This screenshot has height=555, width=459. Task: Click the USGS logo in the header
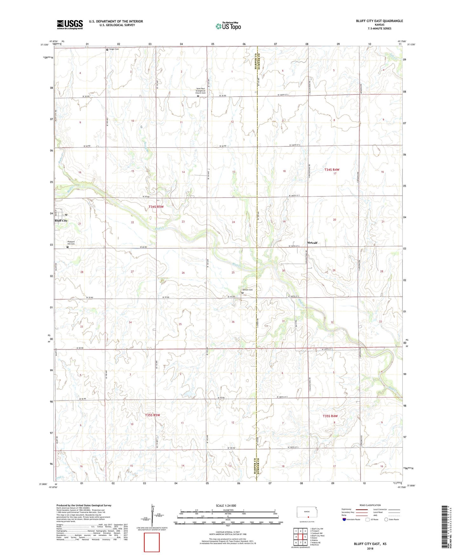pyautogui.click(x=70, y=24)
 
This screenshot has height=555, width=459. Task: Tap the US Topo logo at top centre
pyautogui.click(x=228, y=26)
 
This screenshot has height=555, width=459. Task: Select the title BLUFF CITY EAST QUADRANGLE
pyautogui.click(x=379, y=21)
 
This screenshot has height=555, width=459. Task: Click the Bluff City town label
pyautogui.click(x=61, y=220)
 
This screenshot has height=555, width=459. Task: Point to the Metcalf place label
pyautogui.click(x=312, y=243)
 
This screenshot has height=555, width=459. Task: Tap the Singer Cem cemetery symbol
pyautogui.click(x=107, y=49)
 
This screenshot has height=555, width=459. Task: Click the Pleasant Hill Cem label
pyautogui.click(x=71, y=243)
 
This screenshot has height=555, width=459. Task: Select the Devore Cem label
pyautogui.click(x=247, y=290)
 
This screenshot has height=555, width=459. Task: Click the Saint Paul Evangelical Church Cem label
pyautogui.click(x=200, y=91)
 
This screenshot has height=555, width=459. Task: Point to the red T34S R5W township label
pyautogui.click(x=156, y=207)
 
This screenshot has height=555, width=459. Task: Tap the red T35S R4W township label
pyautogui.click(x=330, y=416)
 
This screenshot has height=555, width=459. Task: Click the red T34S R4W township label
pyautogui.click(x=332, y=170)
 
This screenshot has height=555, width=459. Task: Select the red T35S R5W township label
pyautogui.click(x=152, y=415)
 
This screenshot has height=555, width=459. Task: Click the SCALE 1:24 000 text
pyautogui.click(x=226, y=505)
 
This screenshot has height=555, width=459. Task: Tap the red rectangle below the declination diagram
pyautogui.click(x=152, y=542)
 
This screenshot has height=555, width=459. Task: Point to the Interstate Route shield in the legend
pyautogui.click(x=344, y=519)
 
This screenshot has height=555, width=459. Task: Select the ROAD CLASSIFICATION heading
pyautogui.click(x=370, y=505)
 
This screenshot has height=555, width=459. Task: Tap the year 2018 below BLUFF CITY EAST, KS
pyautogui.click(x=370, y=548)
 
